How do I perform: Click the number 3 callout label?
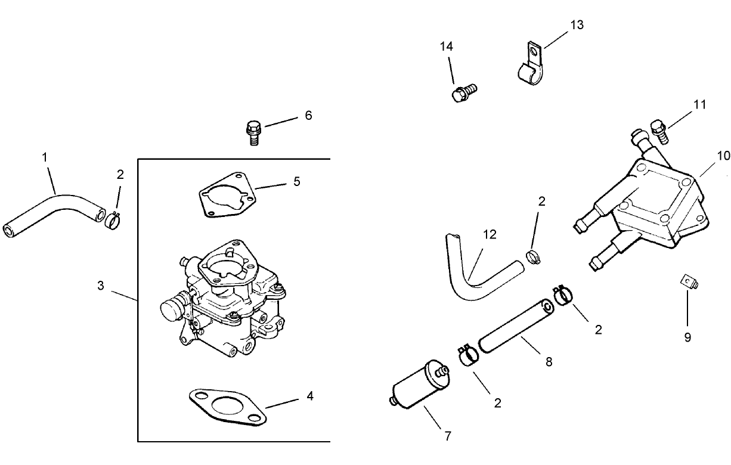tap(101, 286)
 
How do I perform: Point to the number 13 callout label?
tap(577, 24)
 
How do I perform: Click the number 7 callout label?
tap(448, 436)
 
